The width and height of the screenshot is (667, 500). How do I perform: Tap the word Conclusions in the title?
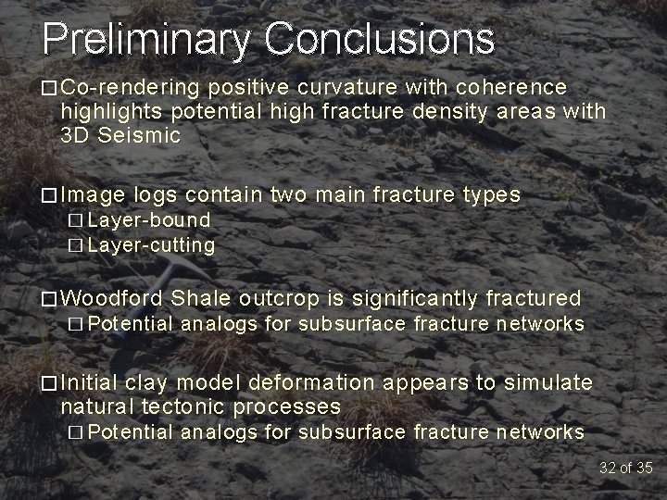click(380, 39)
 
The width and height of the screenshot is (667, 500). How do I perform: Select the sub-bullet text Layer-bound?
click(148, 220)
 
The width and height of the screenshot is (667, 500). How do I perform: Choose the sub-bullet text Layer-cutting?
click(151, 245)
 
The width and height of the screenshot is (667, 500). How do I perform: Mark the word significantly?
click(425, 298)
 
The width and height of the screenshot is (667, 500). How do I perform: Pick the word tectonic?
click(183, 407)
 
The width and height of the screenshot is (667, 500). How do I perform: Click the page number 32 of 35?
click(625, 467)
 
